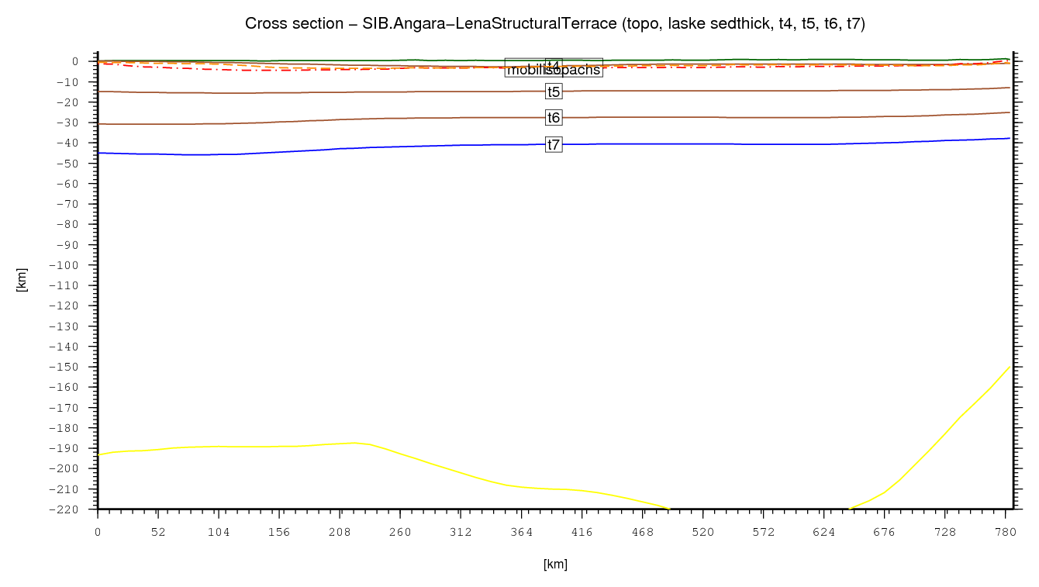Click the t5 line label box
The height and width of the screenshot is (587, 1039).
(x=554, y=92)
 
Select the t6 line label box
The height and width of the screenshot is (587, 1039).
(x=554, y=118)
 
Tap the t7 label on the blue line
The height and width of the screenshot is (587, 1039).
(x=554, y=144)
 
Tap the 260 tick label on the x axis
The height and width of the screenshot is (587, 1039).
(x=400, y=532)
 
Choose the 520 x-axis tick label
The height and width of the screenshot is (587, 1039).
(x=702, y=532)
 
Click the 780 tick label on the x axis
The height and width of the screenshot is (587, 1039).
(x=1006, y=532)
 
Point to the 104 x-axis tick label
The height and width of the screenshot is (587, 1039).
(x=219, y=532)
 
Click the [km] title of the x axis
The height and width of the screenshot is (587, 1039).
(x=555, y=565)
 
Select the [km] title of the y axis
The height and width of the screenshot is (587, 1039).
(x=22, y=279)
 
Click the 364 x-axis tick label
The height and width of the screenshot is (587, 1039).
(x=521, y=532)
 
